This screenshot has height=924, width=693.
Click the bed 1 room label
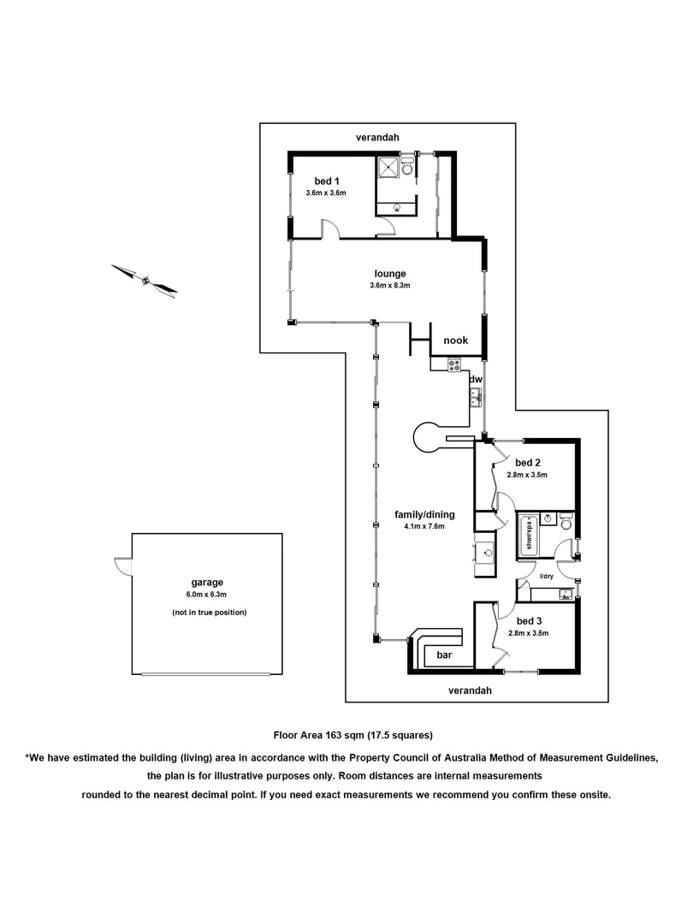click(327, 181)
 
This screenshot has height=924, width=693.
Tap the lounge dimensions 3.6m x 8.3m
click(389, 286)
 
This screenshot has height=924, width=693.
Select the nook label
click(455, 341)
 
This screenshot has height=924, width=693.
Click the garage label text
click(207, 583)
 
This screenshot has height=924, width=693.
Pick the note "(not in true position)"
click(210, 613)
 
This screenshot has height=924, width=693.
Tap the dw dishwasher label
click(477, 380)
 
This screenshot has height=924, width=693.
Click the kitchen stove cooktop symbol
click(453, 365)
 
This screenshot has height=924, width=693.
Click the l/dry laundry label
click(546, 577)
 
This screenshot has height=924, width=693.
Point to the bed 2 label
click(527, 463)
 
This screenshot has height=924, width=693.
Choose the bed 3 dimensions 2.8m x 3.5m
click(528, 633)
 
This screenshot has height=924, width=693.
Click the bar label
click(444, 654)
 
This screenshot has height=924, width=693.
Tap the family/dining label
click(424, 514)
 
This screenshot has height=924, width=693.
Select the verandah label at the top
click(377, 137)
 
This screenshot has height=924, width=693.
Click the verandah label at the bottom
click(470, 690)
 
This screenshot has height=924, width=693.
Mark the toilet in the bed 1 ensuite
click(407, 166)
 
